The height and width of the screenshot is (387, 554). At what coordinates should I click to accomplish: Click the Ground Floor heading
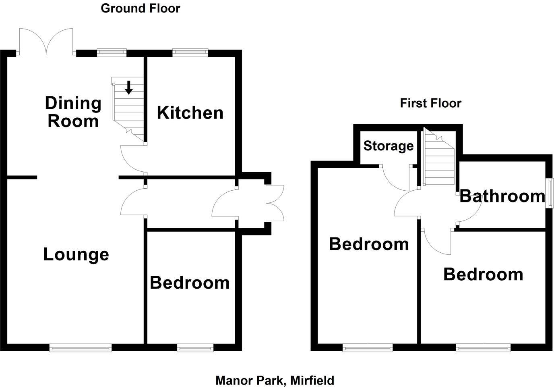click(140, 8)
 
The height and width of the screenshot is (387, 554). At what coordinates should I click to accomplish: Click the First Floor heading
click(430, 103)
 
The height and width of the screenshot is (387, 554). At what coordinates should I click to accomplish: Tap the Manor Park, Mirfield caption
click(275, 380)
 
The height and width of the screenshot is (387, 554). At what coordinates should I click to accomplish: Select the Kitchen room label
click(190, 113)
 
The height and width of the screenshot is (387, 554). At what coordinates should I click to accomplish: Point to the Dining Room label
click(73, 112)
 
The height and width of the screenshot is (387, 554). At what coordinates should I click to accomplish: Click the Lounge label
click(76, 255)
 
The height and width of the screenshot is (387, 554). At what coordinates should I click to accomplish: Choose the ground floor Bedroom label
click(190, 283)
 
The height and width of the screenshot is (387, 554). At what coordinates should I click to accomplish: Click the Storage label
click(388, 146)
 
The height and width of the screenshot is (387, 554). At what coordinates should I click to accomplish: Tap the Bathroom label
click(502, 196)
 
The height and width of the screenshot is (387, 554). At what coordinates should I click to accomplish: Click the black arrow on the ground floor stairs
click(129, 87)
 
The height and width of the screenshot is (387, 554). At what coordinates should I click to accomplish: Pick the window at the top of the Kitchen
click(190, 52)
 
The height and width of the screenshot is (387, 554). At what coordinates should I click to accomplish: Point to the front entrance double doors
click(275, 203)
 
